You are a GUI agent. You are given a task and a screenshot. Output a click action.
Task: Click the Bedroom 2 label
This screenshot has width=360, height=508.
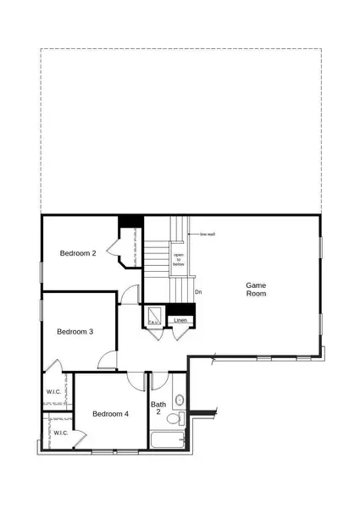tap(78, 253)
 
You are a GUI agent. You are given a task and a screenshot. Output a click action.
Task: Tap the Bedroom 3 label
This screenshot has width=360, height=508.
tap(75, 332)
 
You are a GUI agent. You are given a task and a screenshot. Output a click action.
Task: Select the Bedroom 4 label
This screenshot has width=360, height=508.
tap(110, 414)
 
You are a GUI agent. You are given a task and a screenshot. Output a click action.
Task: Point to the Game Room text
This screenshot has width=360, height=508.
tap(256, 290)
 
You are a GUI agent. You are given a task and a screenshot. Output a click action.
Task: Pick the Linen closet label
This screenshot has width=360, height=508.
tap(180, 321)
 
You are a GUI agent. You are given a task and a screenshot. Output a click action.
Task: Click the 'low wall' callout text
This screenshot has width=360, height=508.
tap(208, 235)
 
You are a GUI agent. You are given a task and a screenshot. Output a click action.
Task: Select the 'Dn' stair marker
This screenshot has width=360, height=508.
tap(198, 292)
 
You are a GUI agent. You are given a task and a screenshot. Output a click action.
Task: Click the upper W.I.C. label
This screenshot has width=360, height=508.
tap(52, 392)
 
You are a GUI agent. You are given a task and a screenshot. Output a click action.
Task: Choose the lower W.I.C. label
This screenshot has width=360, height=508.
tap(61, 433)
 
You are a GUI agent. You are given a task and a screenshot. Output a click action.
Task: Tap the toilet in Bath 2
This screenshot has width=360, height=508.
tap(174, 418)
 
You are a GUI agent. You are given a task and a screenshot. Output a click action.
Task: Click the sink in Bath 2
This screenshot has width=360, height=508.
tap(179, 400)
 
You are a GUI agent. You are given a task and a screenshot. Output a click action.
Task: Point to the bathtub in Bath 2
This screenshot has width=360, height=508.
tap(167, 440)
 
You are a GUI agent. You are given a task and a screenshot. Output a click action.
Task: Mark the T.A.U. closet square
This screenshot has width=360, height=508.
tap(155, 316)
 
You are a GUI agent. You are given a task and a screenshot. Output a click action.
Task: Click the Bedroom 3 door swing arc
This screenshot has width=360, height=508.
tap(108, 362)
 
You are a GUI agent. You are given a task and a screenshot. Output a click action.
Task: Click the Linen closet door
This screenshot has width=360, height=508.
tap(180, 332)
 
